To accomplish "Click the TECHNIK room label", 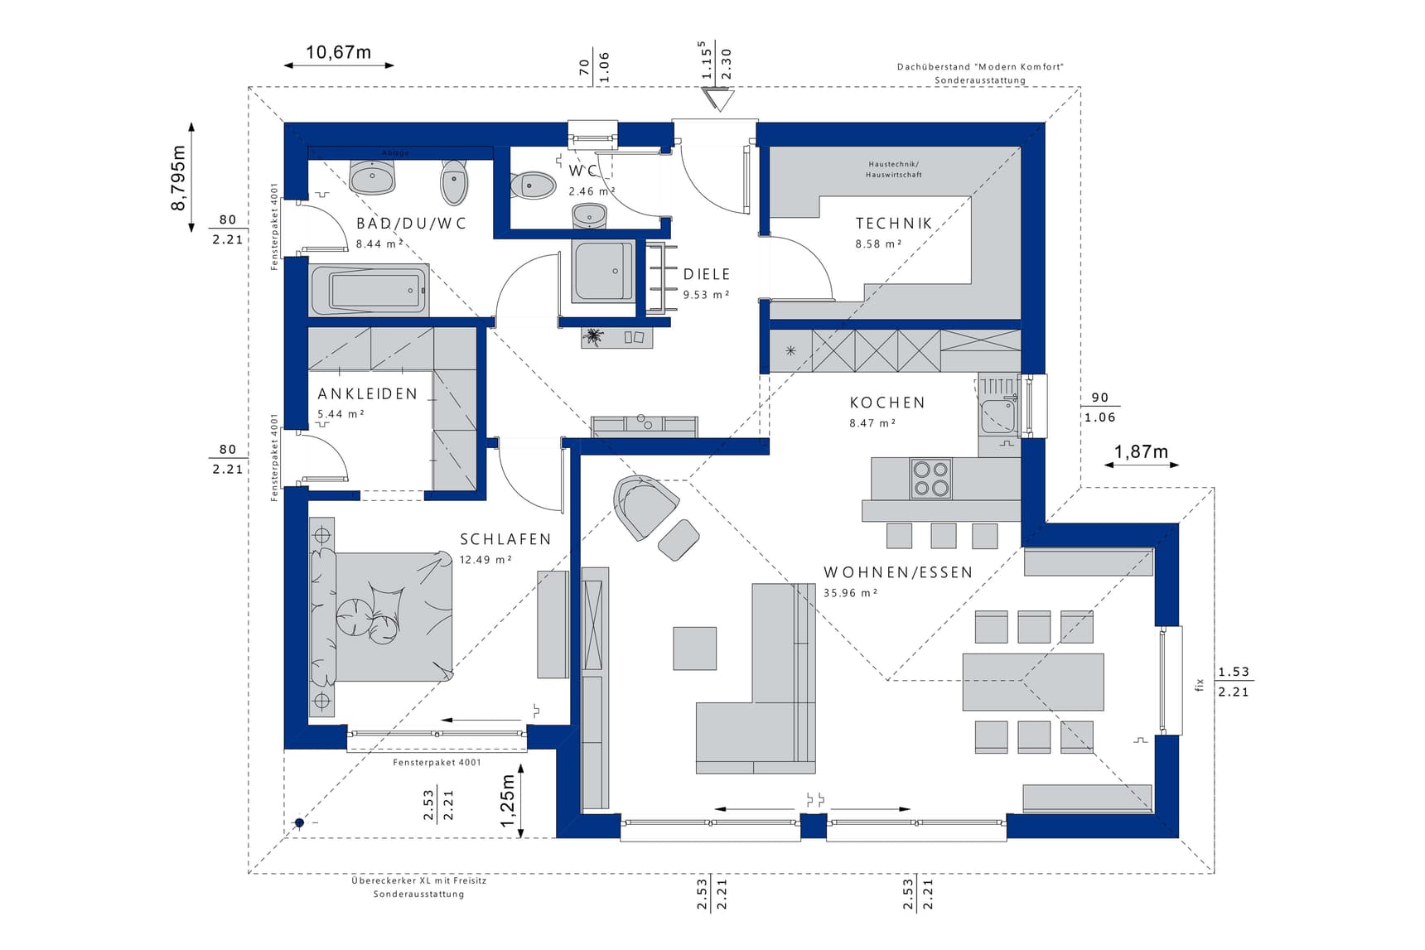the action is pos(894,224).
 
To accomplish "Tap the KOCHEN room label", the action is pos(887,403).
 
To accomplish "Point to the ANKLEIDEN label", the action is pos(368,394).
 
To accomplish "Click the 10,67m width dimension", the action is pos(338,52).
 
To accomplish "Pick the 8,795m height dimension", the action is pos(178,177).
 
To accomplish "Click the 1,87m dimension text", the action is pos(1141,451).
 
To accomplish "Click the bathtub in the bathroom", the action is pos(369,290).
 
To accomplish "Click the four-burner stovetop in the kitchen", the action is pos(930,479).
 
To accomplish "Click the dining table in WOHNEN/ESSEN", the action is pos(1033,682).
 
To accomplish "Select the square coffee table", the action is pos(694,648).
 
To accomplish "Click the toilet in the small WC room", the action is pos(532,186).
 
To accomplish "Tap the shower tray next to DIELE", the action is pos(603,272).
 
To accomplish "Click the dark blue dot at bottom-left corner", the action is pos(299,822).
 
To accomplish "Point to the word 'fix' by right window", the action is pos(1199,683).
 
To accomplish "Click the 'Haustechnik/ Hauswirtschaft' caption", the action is pos(894,170).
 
